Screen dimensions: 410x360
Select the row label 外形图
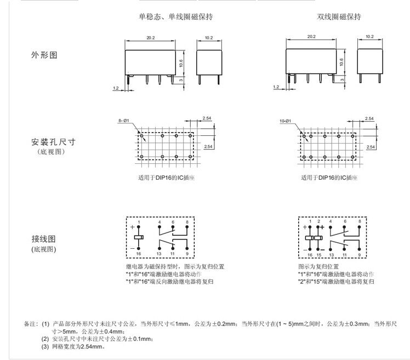(x=44, y=56)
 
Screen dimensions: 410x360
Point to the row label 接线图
(x=44, y=239)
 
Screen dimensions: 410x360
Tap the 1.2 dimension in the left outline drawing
(x=116, y=87)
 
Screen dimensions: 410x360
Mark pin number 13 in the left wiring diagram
(x=160, y=255)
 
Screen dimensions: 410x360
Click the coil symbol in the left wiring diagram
(x=139, y=238)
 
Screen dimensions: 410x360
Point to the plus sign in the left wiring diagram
(x=132, y=226)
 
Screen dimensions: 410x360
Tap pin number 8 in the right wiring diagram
(x=360, y=220)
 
